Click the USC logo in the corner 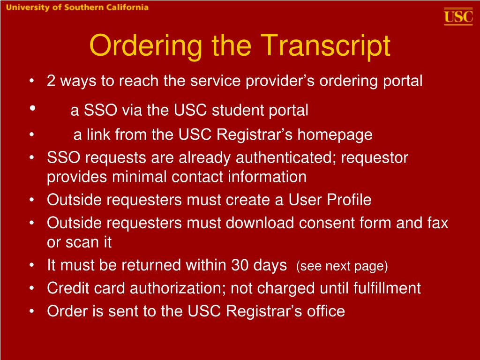(x=458, y=17)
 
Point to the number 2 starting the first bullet (x=51, y=81)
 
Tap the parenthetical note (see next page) (x=342, y=267)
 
